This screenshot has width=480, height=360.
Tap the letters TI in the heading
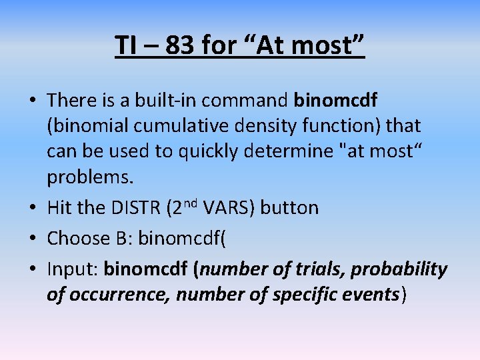click(126, 45)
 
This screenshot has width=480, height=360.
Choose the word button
click(289, 208)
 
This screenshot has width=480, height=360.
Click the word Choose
click(76, 238)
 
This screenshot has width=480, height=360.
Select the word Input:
click(73, 269)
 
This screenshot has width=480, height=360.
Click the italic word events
click(370, 295)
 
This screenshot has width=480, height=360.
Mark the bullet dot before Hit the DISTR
click(33, 209)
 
